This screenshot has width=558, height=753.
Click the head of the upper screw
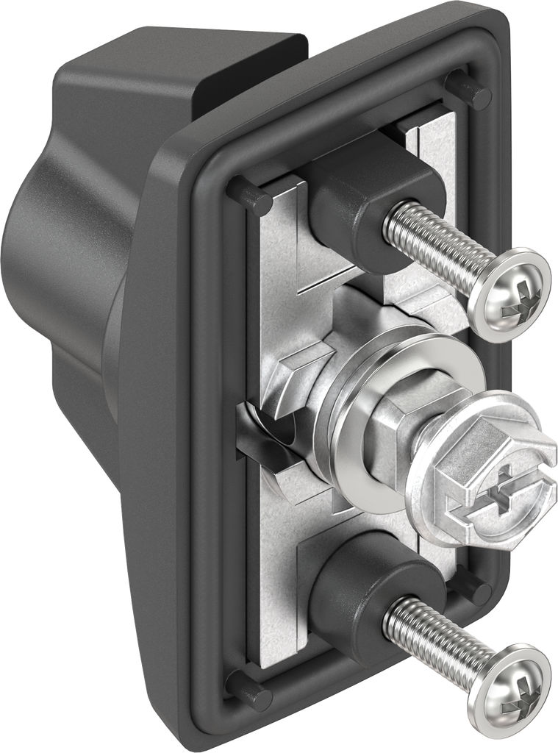(510, 293)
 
